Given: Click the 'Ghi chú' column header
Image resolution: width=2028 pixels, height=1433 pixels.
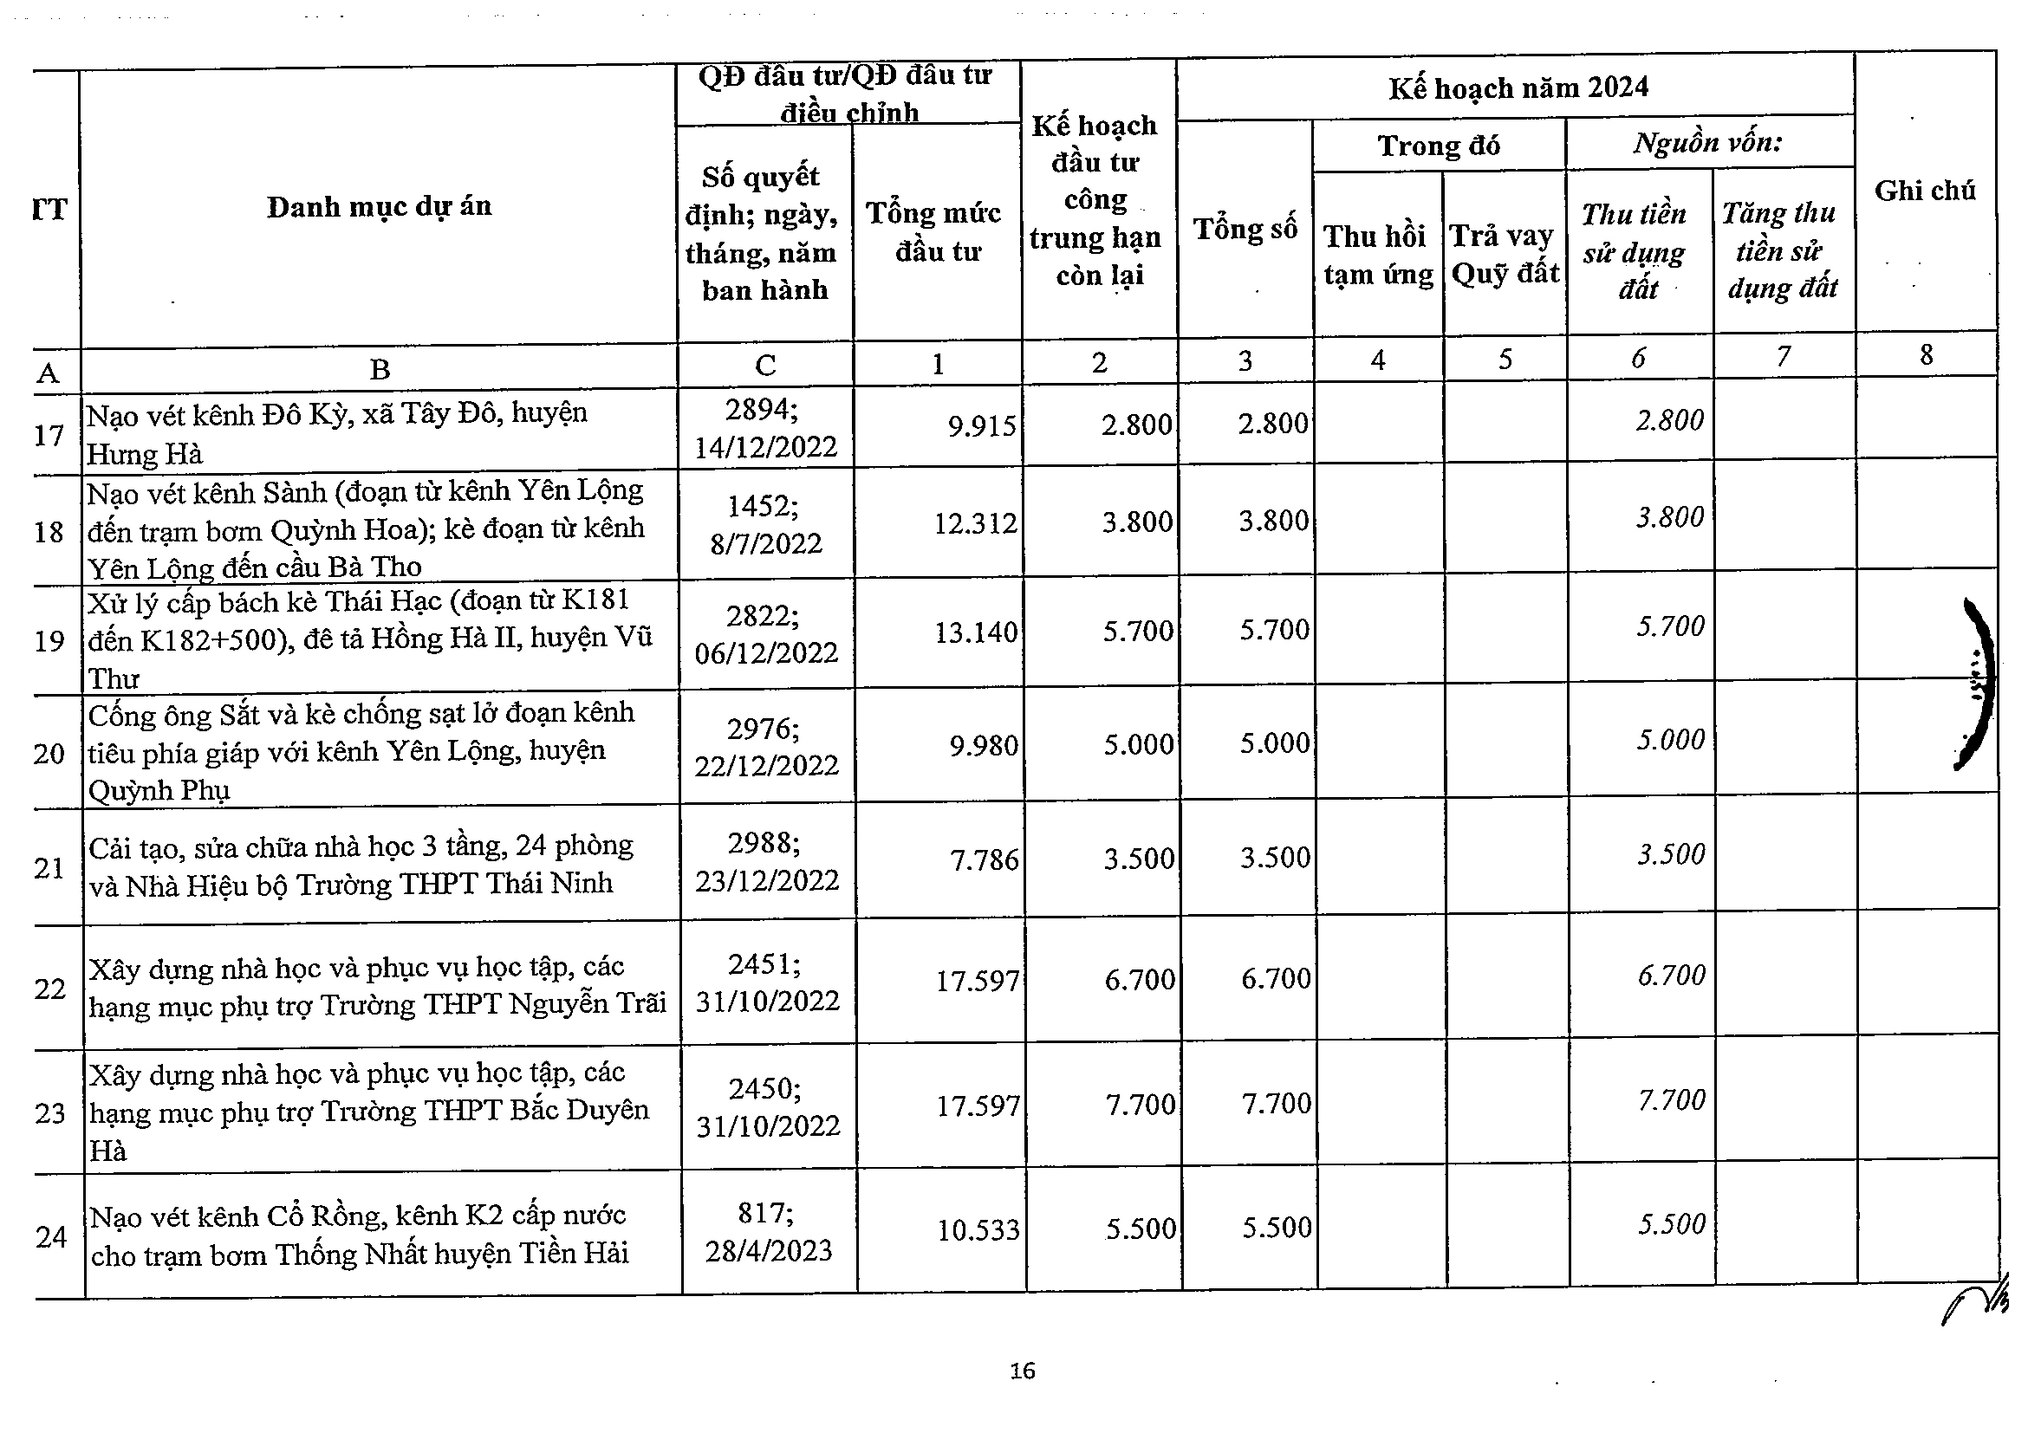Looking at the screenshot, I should (x=1924, y=191).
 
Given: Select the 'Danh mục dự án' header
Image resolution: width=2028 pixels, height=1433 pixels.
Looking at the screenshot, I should (x=379, y=206).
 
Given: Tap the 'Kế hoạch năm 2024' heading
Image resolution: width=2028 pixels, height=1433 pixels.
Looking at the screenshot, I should (x=1518, y=88).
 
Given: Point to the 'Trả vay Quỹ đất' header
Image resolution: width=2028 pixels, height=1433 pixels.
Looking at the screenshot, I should (x=1505, y=255).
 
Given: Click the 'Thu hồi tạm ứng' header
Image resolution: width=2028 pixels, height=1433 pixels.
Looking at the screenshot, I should (x=1377, y=256).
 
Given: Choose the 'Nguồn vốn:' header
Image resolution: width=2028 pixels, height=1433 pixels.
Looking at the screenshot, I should (x=1706, y=142).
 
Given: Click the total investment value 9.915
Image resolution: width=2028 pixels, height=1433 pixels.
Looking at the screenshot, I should (x=982, y=426).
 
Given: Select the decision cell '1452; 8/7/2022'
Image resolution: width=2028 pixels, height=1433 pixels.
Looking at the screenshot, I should (x=765, y=523).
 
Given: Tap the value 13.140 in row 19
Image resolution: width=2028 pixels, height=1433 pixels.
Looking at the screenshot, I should (x=976, y=632).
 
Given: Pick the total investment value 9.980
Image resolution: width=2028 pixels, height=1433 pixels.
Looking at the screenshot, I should (x=983, y=746).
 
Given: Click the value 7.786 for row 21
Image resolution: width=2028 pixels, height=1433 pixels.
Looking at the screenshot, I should (x=984, y=859).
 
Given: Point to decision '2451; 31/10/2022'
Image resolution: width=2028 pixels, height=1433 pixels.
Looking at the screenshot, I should (x=767, y=982).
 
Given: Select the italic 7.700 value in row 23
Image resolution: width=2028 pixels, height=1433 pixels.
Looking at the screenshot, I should (x=1671, y=1100).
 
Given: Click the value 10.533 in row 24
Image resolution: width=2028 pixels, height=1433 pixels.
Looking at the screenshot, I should (x=978, y=1230).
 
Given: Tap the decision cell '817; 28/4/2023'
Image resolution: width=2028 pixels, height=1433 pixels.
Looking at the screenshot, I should (x=769, y=1232).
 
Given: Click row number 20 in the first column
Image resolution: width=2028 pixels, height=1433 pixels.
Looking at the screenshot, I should (x=49, y=753).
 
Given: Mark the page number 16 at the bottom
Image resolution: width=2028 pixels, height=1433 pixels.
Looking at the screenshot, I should (x=1023, y=1371).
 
